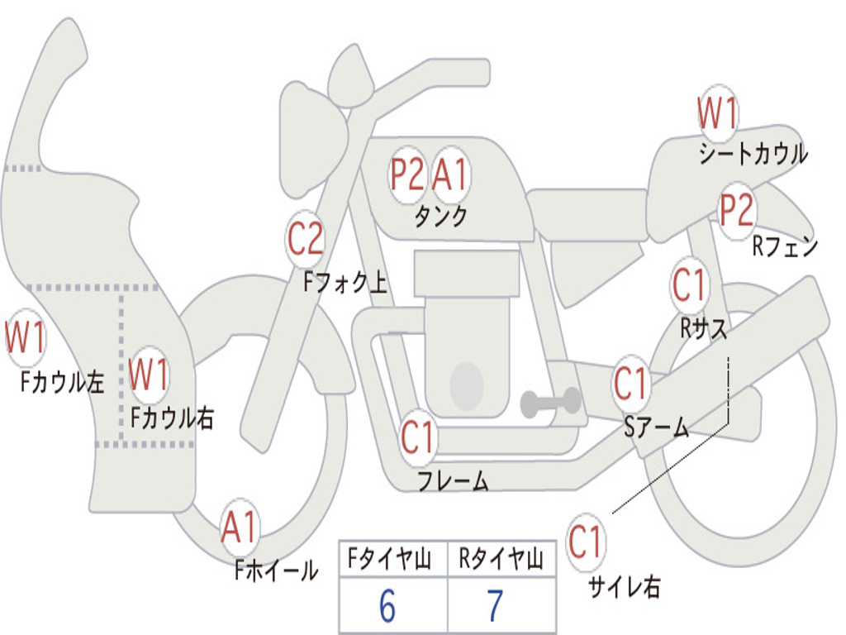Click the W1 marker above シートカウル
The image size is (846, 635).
[718, 113]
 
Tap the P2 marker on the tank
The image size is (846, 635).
[407, 174]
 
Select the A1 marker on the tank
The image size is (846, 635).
[450, 174]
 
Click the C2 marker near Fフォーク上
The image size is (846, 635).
[305, 239]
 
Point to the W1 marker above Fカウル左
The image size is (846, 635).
[26, 337]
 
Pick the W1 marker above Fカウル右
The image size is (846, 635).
[149, 375]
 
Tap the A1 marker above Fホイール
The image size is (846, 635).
[239, 527]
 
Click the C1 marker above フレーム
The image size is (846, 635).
[417, 437]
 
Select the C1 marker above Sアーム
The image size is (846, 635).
[630, 384]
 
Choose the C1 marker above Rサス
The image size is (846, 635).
[689, 285]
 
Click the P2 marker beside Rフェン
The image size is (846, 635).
[737, 211]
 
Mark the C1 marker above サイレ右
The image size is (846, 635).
[585, 542]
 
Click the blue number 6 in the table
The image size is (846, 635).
[387, 605]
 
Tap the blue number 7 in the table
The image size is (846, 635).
[496, 605]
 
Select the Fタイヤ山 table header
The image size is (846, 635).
[390, 559]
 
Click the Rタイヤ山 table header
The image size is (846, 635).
[501, 559]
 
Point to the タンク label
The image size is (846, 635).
[441, 216]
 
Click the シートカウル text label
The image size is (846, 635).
[753, 153]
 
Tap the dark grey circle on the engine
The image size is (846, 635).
[467, 386]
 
